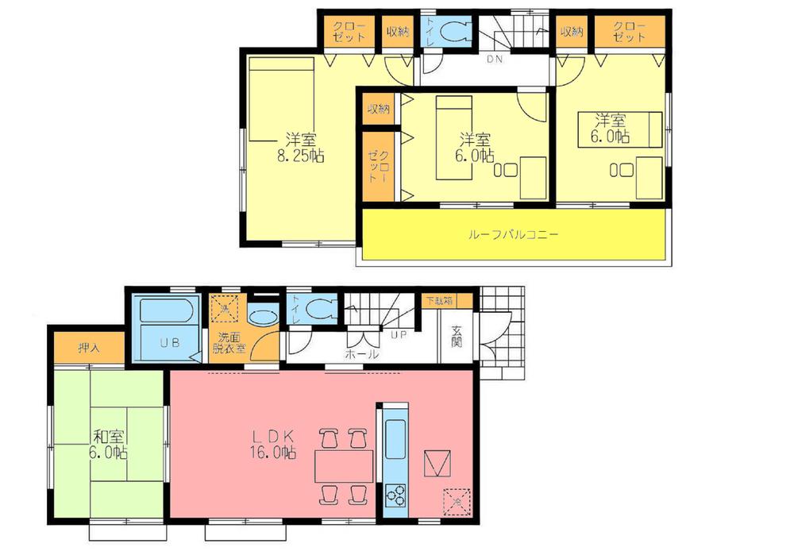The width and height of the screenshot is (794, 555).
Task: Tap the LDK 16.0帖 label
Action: click(x=274, y=444)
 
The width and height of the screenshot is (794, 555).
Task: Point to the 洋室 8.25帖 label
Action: click(x=301, y=146)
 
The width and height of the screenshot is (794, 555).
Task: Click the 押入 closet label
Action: click(x=89, y=348)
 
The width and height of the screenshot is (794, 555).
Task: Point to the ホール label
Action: click(x=361, y=354)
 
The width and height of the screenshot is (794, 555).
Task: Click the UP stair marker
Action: click(x=399, y=335)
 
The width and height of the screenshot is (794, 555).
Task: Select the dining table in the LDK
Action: click(x=343, y=464)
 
